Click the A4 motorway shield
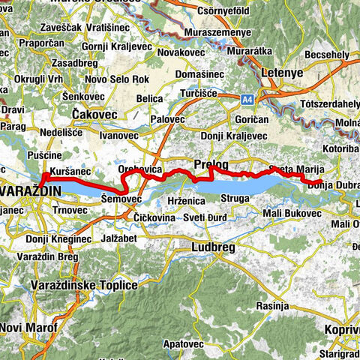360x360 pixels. tap(246, 97)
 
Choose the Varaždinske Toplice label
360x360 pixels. tap(84, 286)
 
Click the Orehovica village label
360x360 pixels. tap(141, 172)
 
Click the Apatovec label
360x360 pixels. tap(182, 343)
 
